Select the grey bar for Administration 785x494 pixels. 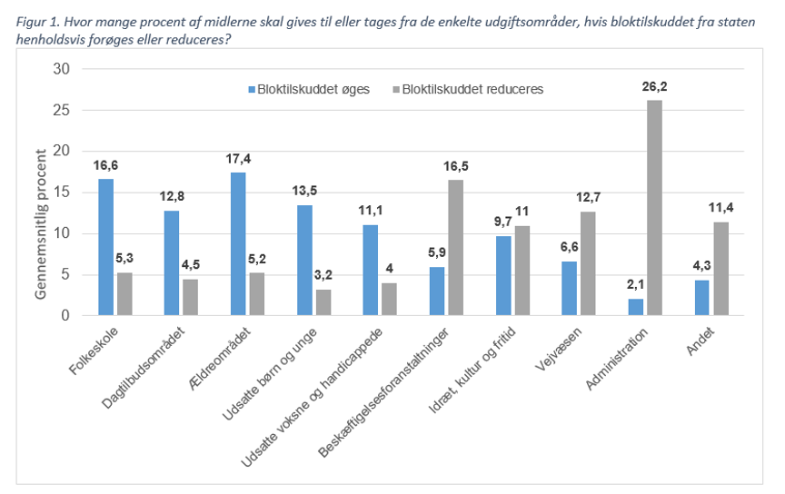(x=654, y=208)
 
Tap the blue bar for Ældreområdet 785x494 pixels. (x=238, y=244)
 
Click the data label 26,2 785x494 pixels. (x=654, y=88)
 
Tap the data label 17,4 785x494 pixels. (x=238, y=160)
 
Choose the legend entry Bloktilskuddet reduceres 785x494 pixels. (x=472, y=89)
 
